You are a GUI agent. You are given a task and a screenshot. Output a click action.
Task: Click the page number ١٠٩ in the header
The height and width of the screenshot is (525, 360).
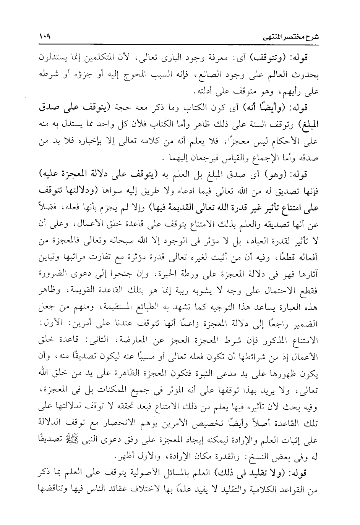[45, 37]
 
